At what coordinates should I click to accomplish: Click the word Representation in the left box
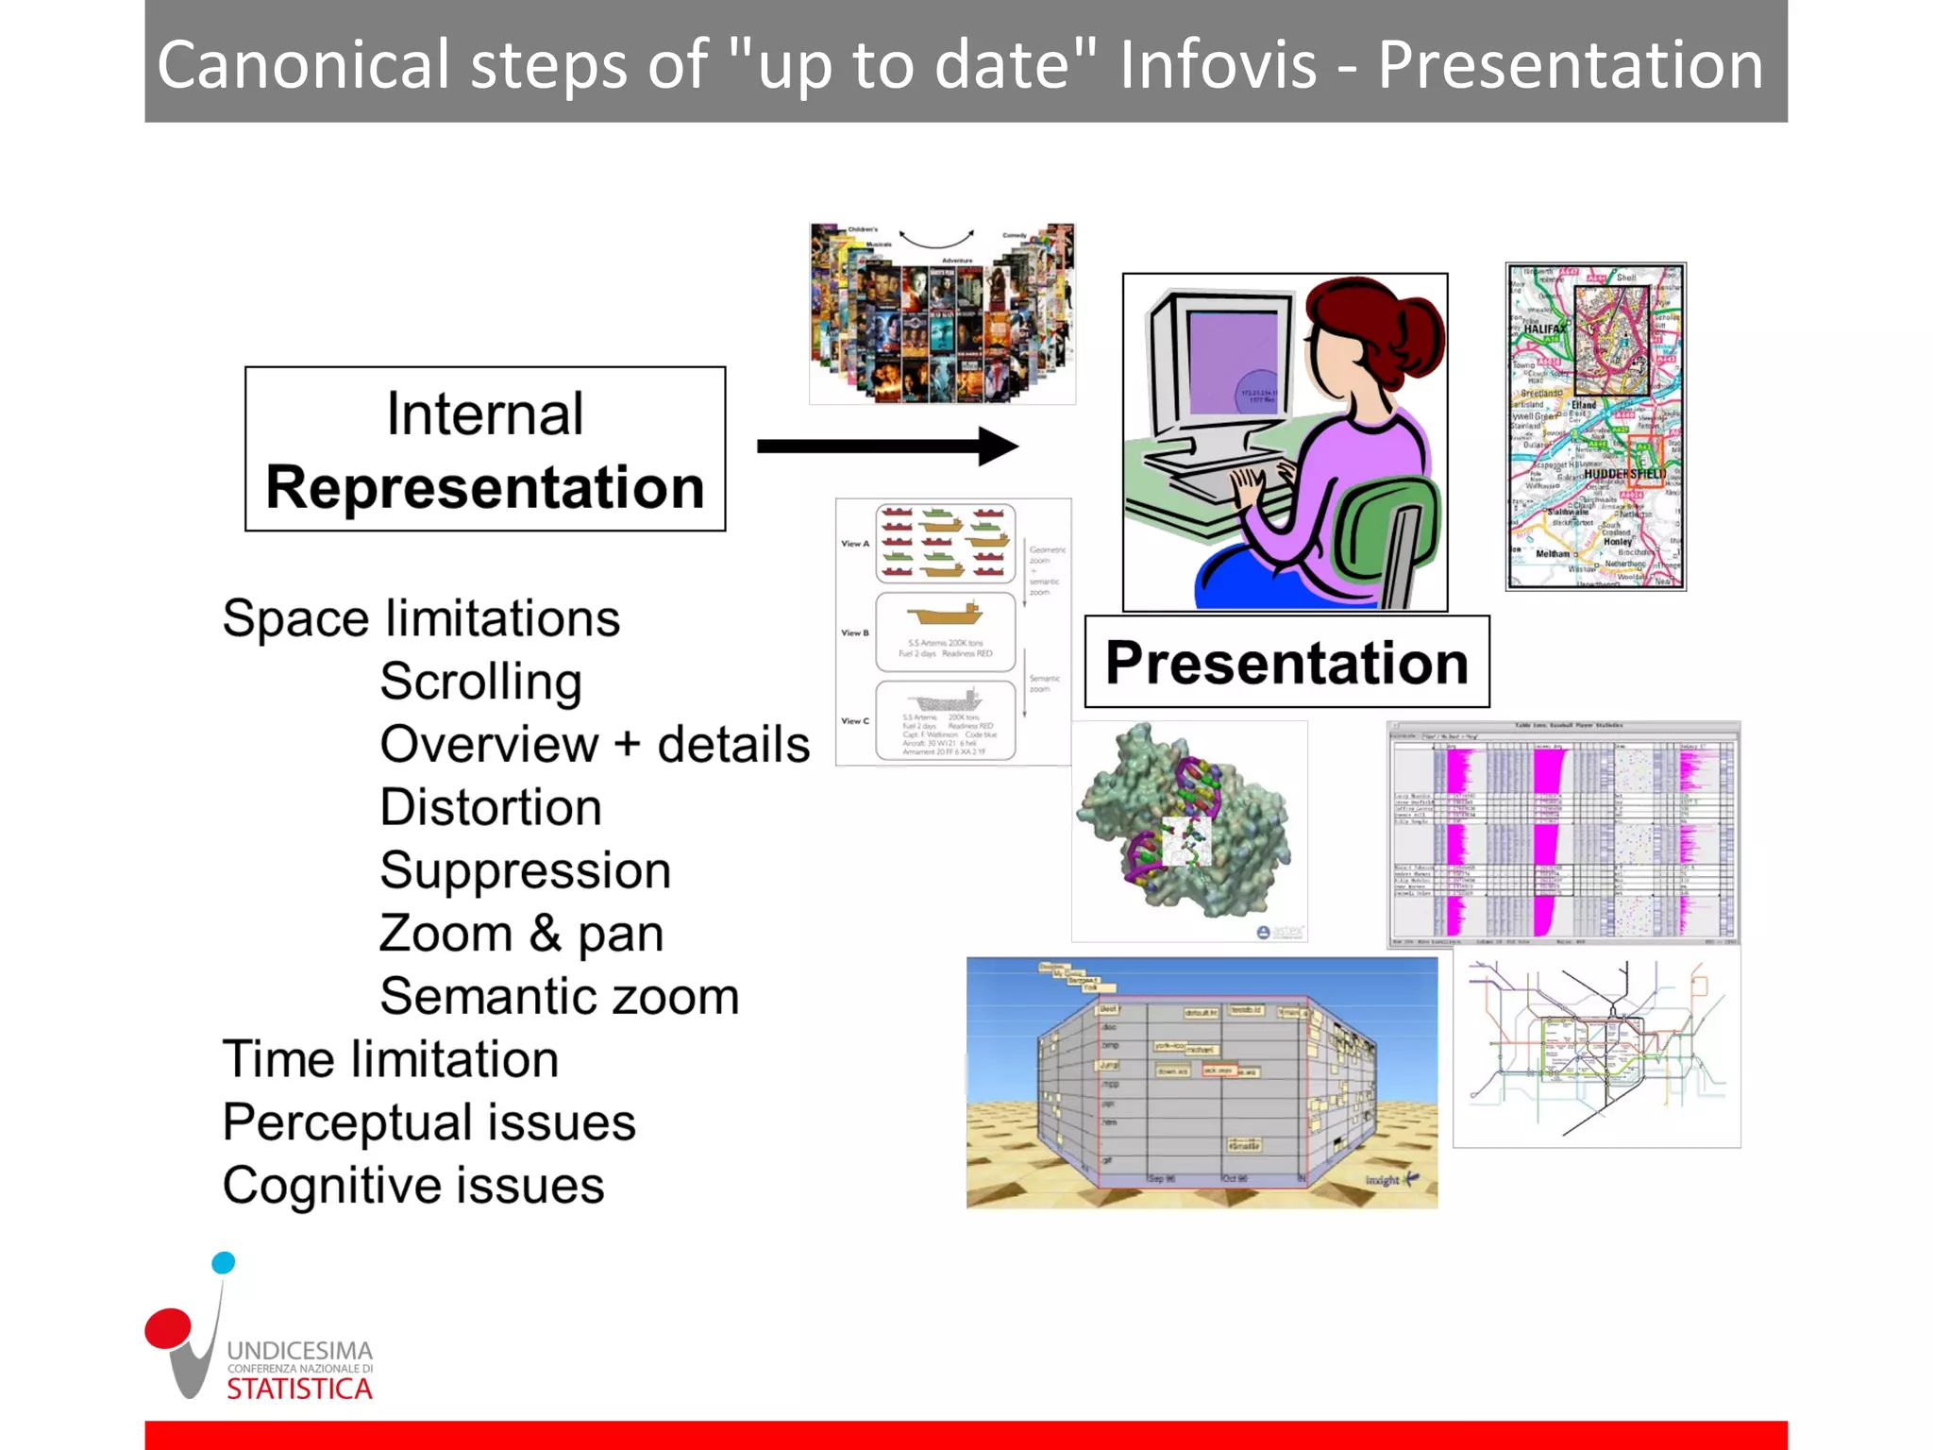click(x=485, y=487)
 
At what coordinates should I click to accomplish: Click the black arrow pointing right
click(x=887, y=446)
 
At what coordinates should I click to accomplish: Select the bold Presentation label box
click(x=1286, y=662)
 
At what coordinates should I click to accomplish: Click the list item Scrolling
click(x=480, y=682)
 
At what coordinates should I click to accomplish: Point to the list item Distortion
click(x=490, y=807)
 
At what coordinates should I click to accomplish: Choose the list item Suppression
click(x=525, y=870)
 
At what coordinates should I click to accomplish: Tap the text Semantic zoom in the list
click(x=559, y=996)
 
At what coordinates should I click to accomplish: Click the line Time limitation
click(x=390, y=1059)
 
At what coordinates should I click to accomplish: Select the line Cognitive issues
click(x=412, y=1186)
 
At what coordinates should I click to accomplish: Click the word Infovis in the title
click(x=1218, y=64)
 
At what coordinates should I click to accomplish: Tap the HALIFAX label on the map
click(x=1544, y=329)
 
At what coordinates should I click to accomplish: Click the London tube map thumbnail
click(x=1596, y=1048)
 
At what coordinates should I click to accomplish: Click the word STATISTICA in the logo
click(x=299, y=1389)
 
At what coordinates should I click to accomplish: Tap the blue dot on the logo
click(x=224, y=1263)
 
